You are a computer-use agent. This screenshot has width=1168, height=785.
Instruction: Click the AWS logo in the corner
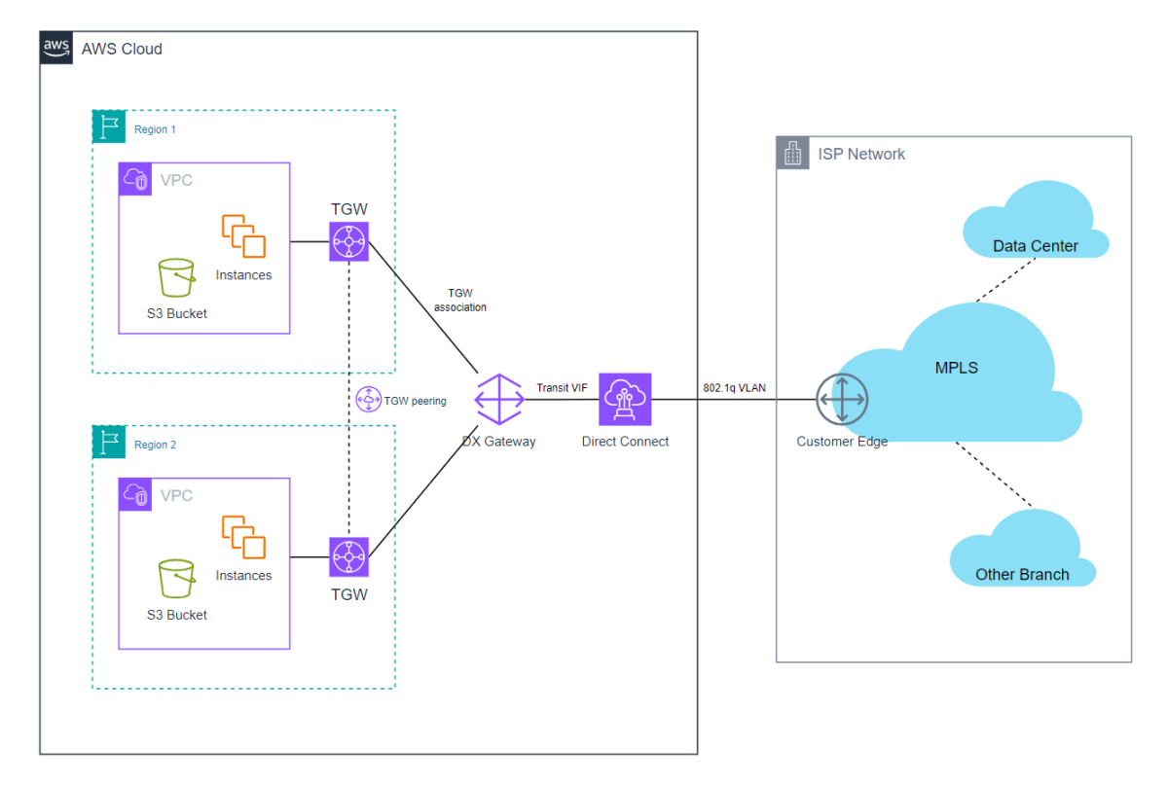[x=56, y=48]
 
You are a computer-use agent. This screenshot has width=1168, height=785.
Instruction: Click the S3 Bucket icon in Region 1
[x=176, y=278]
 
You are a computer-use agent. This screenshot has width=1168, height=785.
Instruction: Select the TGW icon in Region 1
[x=348, y=240]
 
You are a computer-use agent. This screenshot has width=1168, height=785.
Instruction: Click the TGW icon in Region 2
[x=348, y=556]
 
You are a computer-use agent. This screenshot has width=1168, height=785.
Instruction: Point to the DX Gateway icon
[x=498, y=400]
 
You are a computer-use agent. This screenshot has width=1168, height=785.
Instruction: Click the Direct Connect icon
[x=625, y=400]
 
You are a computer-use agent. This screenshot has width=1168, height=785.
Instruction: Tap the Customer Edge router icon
[x=842, y=400]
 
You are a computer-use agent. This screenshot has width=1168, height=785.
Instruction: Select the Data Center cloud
[x=1034, y=222]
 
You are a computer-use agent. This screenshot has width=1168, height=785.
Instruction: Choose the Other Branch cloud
[x=1022, y=552]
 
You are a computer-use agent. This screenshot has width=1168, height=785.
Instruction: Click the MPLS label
[x=955, y=368]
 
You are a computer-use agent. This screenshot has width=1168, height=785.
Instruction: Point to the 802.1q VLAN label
[x=734, y=387]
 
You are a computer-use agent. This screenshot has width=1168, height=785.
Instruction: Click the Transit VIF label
[x=562, y=387]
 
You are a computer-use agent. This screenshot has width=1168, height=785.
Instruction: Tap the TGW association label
[x=459, y=300]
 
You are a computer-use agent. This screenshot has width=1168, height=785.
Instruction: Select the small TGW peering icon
[x=368, y=400]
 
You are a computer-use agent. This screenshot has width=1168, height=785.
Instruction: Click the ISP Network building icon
[x=793, y=154]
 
